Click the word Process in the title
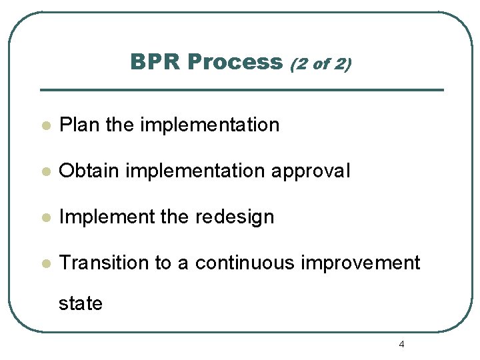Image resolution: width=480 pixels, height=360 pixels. pyautogui.click(x=235, y=62)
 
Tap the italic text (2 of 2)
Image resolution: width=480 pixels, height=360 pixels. pyautogui.click(x=321, y=63)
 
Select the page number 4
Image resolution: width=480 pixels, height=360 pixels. pyautogui.click(x=401, y=344)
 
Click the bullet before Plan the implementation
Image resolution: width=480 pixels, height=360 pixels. pyautogui.click(x=45, y=125)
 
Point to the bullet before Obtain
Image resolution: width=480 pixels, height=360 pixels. pyautogui.click(x=45, y=171)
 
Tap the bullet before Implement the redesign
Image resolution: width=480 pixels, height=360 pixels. pyautogui.click(x=45, y=217)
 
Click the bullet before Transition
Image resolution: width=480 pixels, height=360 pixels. pyautogui.click(x=45, y=263)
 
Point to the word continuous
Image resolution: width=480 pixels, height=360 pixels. pyautogui.click(x=244, y=263)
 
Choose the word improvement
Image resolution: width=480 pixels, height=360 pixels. pyautogui.click(x=361, y=263)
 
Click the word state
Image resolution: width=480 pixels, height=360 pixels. pyautogui.click(x=81, y=304)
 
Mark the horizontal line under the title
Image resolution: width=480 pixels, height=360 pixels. pyautogui.click(x=241, y=90)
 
